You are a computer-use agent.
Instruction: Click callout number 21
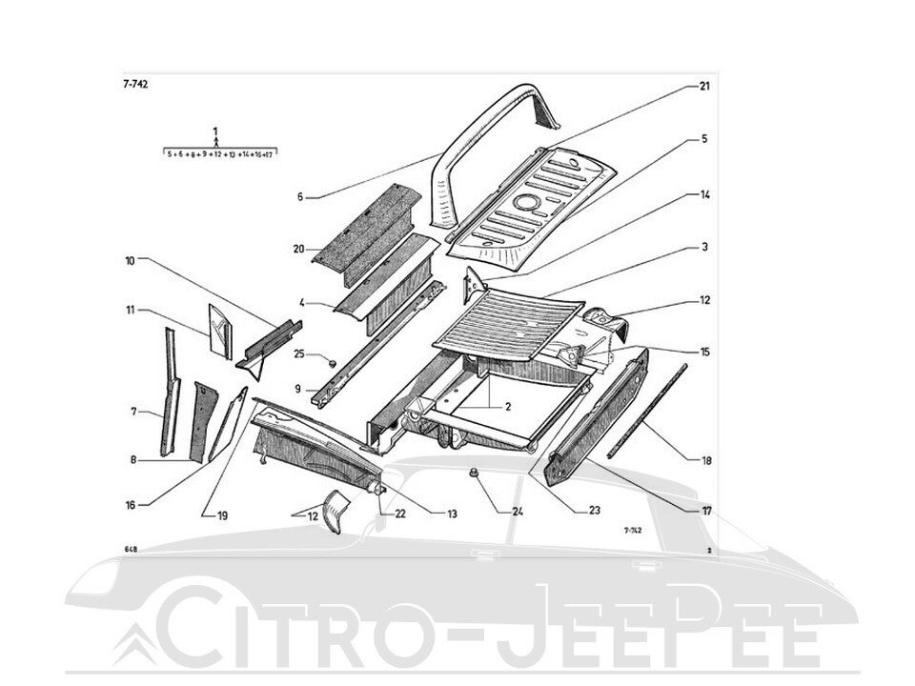[x=704, y=86]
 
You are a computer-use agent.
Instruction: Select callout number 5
[x=704, y=139]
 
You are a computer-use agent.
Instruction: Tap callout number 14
[x=704, y=194]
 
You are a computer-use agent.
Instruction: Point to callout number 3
[x=704, y=248]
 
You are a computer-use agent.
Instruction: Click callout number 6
[x=299, y=197]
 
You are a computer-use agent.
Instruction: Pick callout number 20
[x=298, y=249]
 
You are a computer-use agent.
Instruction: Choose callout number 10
[x=130, y=259]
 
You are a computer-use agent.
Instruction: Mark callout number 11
[x=130, y=310]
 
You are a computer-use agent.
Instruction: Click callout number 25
[x=298, y=354]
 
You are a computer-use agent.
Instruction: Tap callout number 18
[x=706, y=461]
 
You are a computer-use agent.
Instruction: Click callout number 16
[x=131, y=504]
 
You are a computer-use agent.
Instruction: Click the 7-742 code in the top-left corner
[x=134, y=84]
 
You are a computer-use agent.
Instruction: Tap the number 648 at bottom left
[x=130, y=551]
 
